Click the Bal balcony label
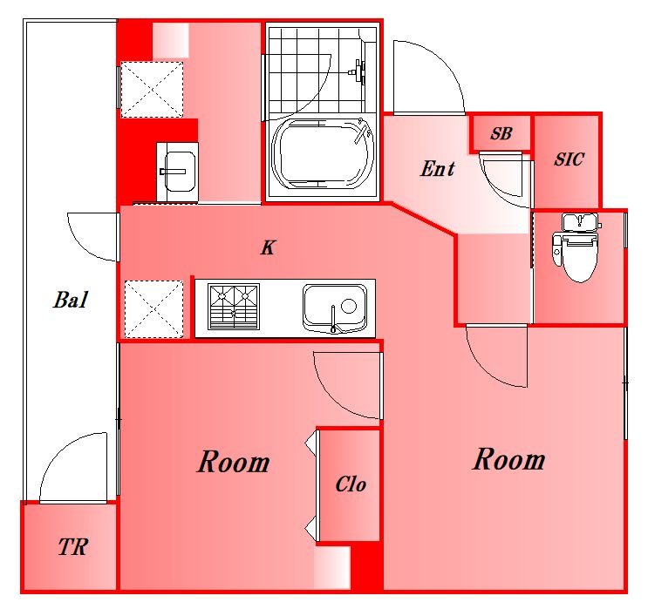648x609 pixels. (71, 300)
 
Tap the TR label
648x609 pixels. (72, 546)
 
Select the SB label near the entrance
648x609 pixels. (501, 133)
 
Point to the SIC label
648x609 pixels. (569, 159)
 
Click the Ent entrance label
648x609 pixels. (437, 168)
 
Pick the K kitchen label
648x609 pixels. (268, 247)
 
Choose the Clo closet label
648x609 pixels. (351, 484)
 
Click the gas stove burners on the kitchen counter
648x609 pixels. (234, 307)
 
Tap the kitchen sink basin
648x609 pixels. (335, 308)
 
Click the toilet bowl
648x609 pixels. (577, 257)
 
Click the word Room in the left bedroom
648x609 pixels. (234, 462)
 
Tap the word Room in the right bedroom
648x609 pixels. (508, 459)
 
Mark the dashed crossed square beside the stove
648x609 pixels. (153, 308)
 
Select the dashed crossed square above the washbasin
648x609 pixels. (152, 90)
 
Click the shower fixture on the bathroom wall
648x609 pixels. (358, 71)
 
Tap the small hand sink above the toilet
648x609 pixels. (580, 221)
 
